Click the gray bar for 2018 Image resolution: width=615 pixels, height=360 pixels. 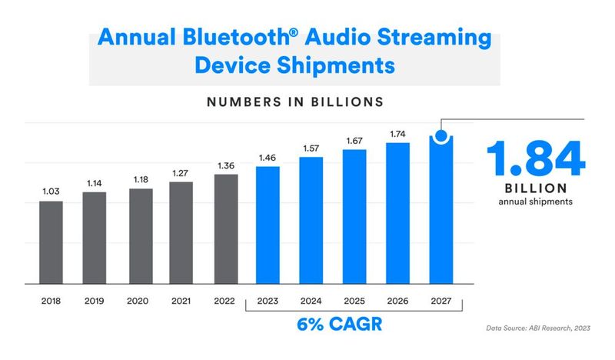click(50, 242)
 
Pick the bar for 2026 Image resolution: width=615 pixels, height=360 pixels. click(397, 212)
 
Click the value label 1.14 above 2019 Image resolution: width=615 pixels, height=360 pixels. click(94, 183)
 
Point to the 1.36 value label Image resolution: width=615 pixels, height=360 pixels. click(224, 165)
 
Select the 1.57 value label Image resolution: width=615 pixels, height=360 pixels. click(311, 148)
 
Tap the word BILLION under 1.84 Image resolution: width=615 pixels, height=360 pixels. click(536, 188)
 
